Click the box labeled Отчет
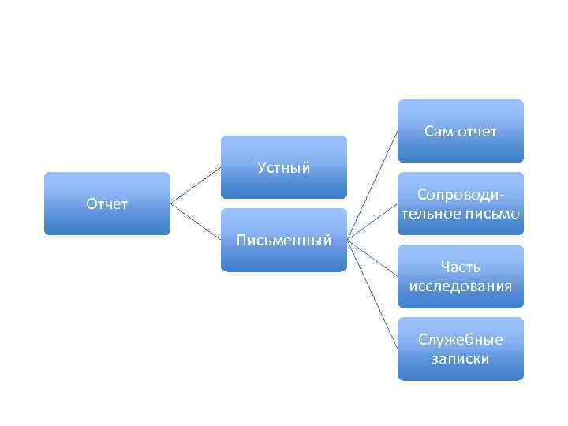[x=106, y=204]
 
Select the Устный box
[x=283, y=166]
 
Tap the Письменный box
[x=283, y=240]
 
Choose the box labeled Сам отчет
[x=460, y=131]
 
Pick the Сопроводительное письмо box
[x=460, y=204]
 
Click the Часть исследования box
[x=460, y=276]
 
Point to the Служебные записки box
[x=460, y=349]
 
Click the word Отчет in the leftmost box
[x=106, y=204]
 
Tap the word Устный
[x=283, y=167]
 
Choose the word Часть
[x=461, y=267]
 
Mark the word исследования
[x=461, y=286]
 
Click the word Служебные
[x=461, y=340]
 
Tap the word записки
[x=461, y=358]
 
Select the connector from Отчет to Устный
[x=195, y=185]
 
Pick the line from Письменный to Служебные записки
[x=372, y=293]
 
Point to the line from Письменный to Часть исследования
[x=372, y=257]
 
